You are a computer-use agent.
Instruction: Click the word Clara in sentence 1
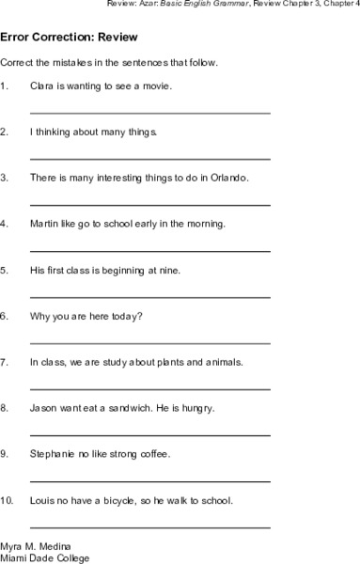coord(42,86)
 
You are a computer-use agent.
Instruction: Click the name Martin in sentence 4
coord(45,225)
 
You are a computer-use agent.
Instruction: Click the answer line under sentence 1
coord(150,112)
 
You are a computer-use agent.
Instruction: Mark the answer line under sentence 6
coord(150,342)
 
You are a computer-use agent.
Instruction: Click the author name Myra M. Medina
coord(35,545)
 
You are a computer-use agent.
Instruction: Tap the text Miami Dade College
coord(45,557)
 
